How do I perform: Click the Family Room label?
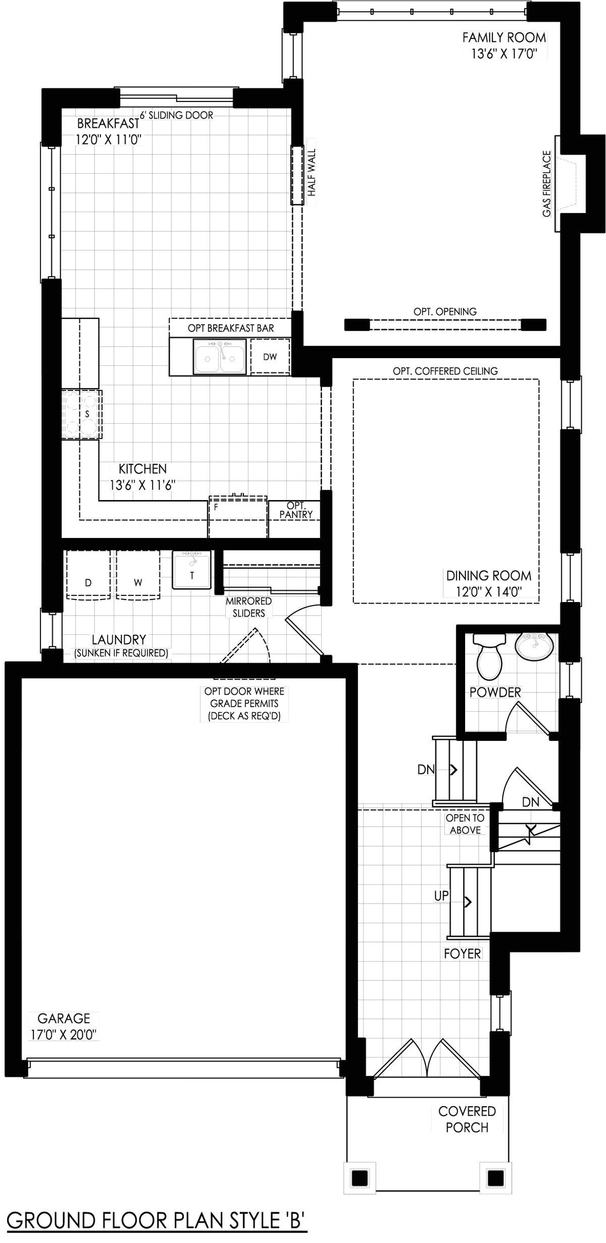tap(504, 37)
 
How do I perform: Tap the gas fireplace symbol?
tap(570, 184)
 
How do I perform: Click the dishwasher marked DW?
tap(270, 357)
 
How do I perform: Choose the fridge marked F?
tap(237, 518)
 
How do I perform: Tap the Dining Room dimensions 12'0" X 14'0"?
tap(489, 591)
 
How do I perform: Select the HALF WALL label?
tap(312, 173)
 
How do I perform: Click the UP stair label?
tap(441, 896)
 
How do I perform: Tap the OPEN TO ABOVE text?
tap(465, 824)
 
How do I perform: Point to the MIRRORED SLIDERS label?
tap(248, 607)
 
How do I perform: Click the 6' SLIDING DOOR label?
tap(177, 115)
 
